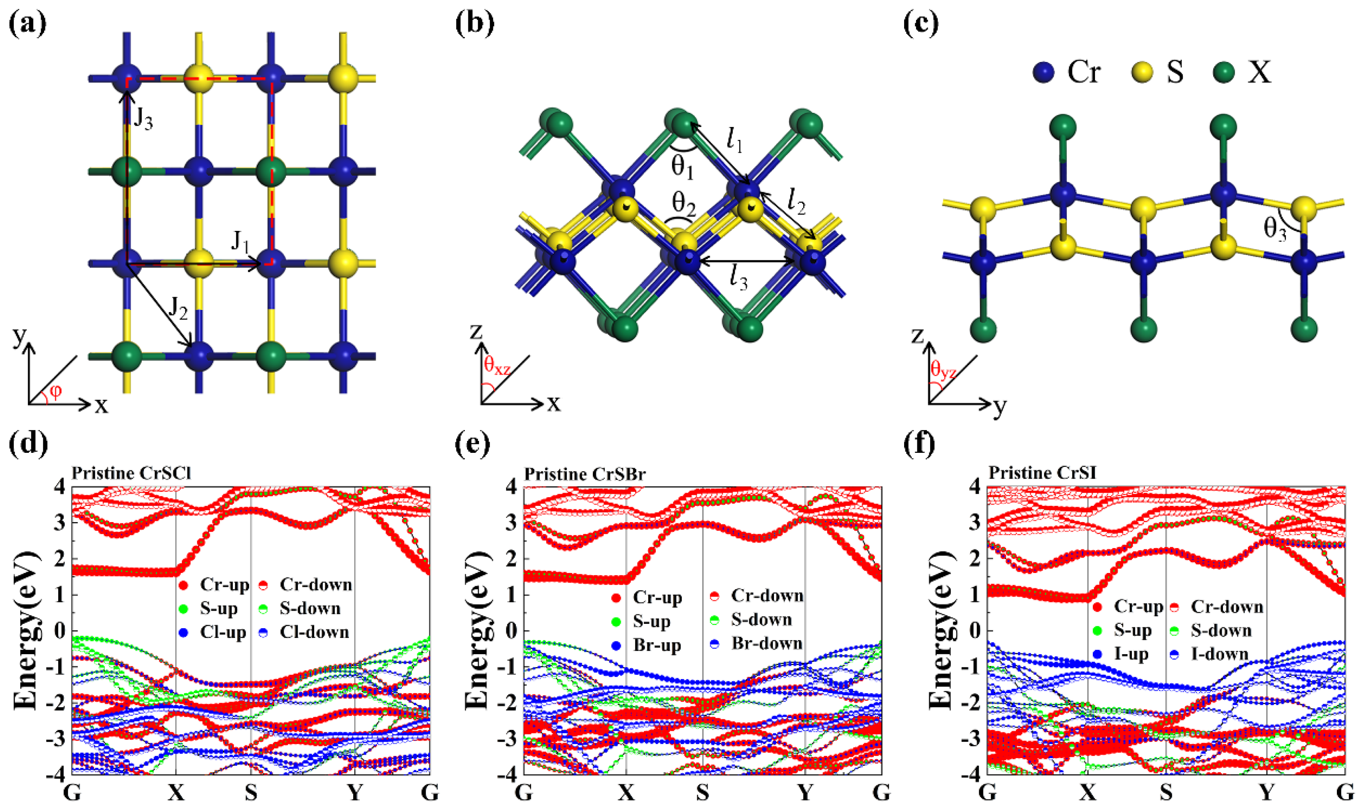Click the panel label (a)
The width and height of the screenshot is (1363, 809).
click(x=27, y=24)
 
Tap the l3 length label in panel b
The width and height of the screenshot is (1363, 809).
click(x=739, y=280)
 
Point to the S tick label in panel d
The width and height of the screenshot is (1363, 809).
click(x=251, y=792)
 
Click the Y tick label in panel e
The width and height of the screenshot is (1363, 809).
click(x=805, y=792)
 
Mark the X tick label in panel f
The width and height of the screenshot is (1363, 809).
click(x=1088, y=792)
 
